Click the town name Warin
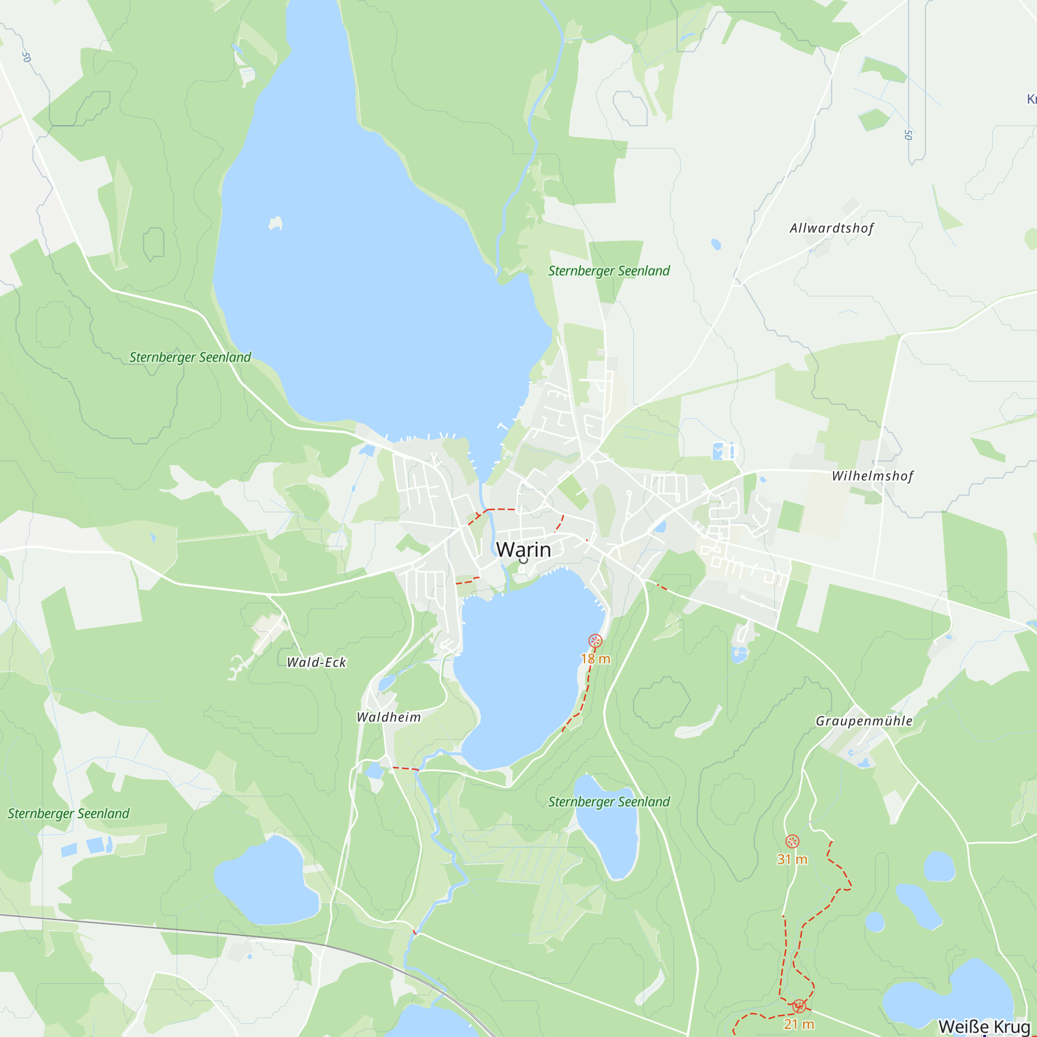pyautogui.click(x=523, y=550)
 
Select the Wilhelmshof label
pyautogui.click(x=872, y=476)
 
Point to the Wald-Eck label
pyautogui.click(x=316, y=662)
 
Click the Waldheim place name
pyautogui.click(x=388, y=717)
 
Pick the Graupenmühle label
pyautogui.click(x=864, y=721)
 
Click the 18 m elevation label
pyautogui.click(x=595, y=658)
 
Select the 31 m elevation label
pyautogui.click(x=792, y=859)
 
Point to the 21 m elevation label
pyautogui.click(x=798, y=1024)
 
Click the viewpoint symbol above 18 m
pyautogui.click(x=595, y=640)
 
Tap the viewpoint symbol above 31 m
pyautogui.click(x=792, y=841)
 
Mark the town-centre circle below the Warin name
pyautogui.click(x=523, y=560)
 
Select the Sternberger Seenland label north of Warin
pyautogui.click(x=609, y=271)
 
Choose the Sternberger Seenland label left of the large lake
pyautogui.click(x=190, y=357)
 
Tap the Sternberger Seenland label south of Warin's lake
pyautogui.click(x=609, y=802)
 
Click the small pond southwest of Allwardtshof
pyautogui.click(x=716, y=244)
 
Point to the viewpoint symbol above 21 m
pyautogui.click(x=799, y=1005)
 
